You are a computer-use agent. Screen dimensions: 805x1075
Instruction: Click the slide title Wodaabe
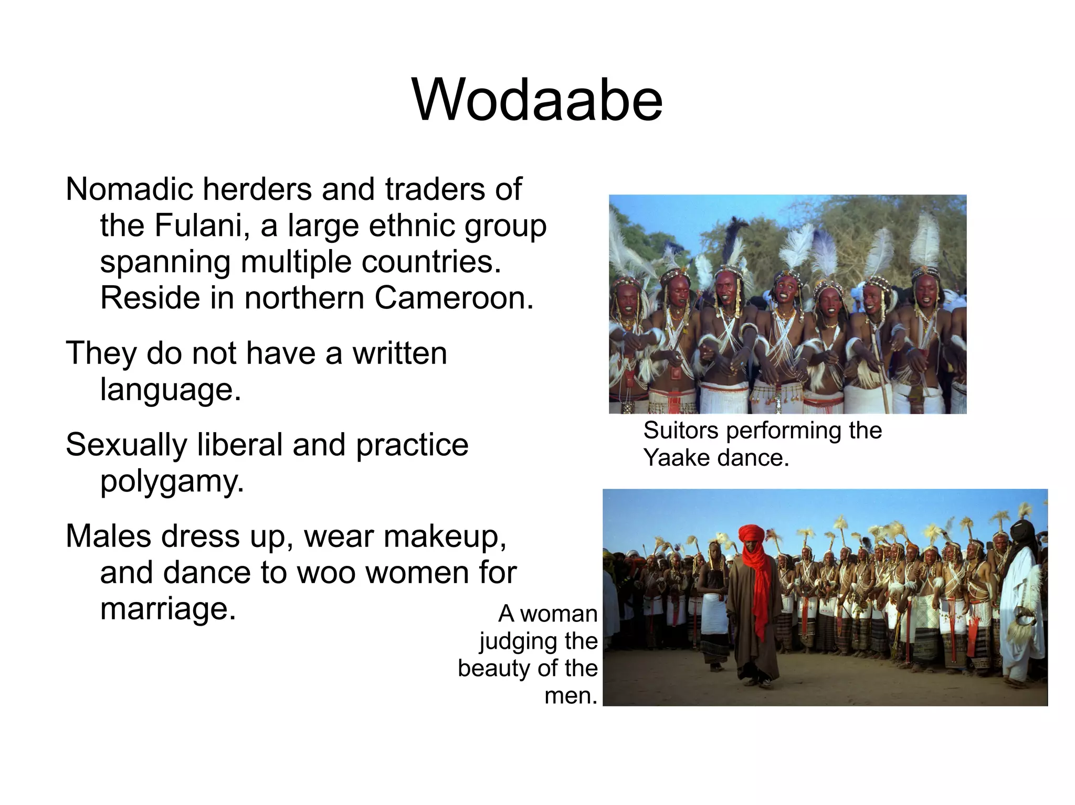point(537,100)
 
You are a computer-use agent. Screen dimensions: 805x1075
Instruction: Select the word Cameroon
point(454,298)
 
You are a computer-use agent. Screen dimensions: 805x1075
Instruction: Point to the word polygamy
point(171,481)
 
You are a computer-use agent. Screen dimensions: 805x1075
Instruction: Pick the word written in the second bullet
point(399,353)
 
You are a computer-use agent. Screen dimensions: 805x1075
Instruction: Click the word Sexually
point(126,445)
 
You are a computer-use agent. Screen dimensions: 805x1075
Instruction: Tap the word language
point(171,390)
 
